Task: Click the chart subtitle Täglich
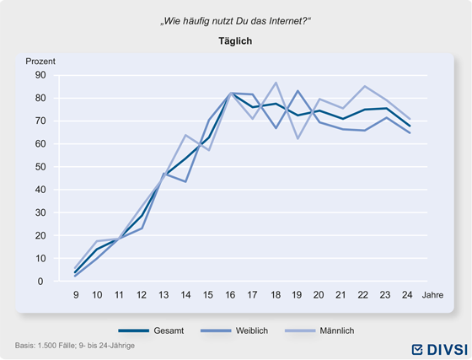(x=235, y=41)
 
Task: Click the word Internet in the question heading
(x=286, y=21)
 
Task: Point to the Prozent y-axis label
(x=40, y=62)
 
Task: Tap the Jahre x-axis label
(x=432, y=295)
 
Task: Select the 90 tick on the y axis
(x=40, y=75)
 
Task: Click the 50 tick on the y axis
(x=40, y=167)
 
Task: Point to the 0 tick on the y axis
(x=40, y=282)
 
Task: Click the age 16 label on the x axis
(x=230, y=295)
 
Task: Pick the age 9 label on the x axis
(x=76, y=295)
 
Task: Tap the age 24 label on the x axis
(x=407, y=295)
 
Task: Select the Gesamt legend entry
(x=151, y=330)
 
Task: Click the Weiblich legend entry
(x=234, y=330)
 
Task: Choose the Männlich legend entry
(x=319, y=330)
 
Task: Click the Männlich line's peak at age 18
(x=276, y=83)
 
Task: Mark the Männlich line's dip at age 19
(x=298, y=138)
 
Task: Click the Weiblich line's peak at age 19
(x=298, y=90)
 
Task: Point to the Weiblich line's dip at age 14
(x=185, y=182)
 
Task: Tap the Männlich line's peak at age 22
(x=365, y=86)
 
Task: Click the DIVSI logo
(x=440, y=350)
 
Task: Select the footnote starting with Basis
(x=75, y=346)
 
